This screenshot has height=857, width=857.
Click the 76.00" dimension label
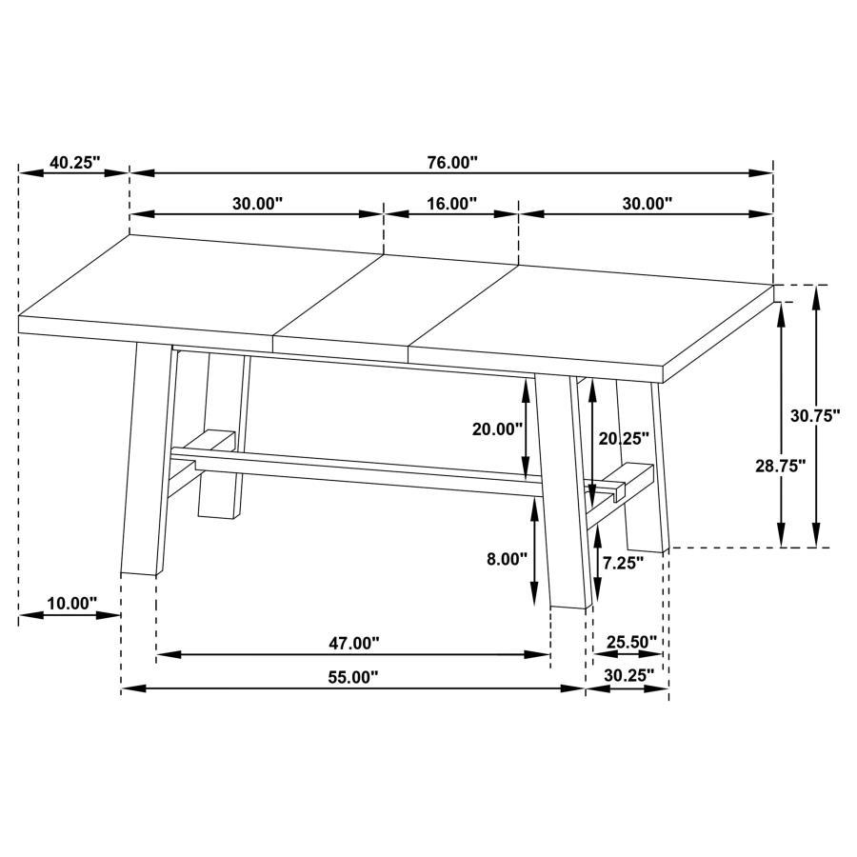point(451,163)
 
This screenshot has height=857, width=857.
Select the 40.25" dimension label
point(74,163)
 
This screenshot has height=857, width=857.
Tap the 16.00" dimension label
point(451,204)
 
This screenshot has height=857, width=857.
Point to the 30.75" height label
point(815,415)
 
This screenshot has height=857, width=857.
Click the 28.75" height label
point(780,465)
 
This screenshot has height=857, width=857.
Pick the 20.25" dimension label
point(624,438)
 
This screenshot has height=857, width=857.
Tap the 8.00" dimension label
point(507,560)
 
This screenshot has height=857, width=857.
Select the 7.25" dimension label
point(623,562)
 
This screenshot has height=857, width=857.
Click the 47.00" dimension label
point(354,644)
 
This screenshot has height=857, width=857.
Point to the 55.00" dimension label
point(353,677)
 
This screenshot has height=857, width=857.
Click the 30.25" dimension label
point(628,675)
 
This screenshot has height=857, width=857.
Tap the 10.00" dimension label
point(72,604)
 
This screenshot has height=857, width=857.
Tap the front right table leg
point(564,495)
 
